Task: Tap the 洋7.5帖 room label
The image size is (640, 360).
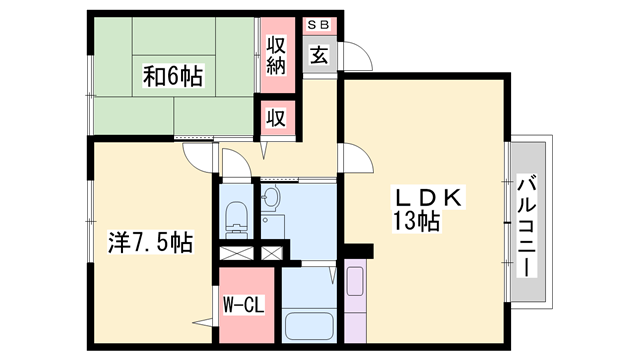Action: [150, 242]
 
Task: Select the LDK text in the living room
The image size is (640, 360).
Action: [424, 199]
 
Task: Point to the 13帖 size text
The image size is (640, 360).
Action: [416, 224]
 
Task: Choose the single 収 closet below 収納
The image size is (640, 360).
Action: [276, 117]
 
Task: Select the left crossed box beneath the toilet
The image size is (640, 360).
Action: [235, 254]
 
